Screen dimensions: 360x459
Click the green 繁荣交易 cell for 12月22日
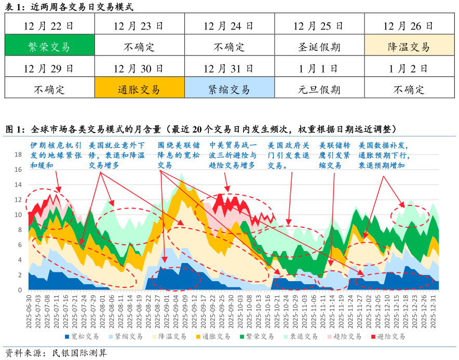[50, 47]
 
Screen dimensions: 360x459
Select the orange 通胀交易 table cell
[140, 89]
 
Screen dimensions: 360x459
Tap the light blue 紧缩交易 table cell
[230, 89]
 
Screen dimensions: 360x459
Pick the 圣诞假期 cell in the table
[319, 47]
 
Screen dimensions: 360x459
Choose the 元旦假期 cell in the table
[319, 89]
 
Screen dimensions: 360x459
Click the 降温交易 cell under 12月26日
[409, 47]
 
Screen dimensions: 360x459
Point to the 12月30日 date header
[140, 68]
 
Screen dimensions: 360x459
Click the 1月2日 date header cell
[409, 68]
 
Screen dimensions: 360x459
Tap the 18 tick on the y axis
[18, 155]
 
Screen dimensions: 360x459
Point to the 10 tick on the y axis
[18, 215]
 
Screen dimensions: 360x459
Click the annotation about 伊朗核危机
[55, 155]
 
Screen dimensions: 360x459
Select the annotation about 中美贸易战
[232, 155]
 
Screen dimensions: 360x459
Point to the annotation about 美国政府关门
[289, 155]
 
